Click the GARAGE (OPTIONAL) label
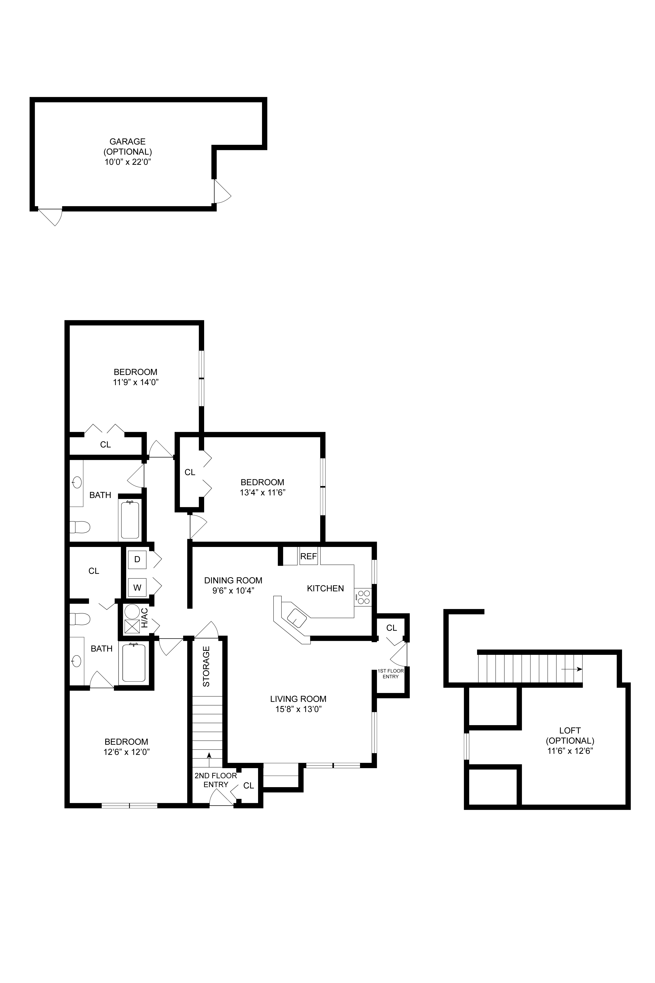pyautogui.click(x=128, y=147)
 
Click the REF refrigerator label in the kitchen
pyautogui.click(x=309, y=557)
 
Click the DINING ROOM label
pyautogui.click(x=233, y=580)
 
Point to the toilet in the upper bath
pyautogui.click(x=80, y=527)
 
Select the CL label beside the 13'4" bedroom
pyautogui.click(x=190, y=472)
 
